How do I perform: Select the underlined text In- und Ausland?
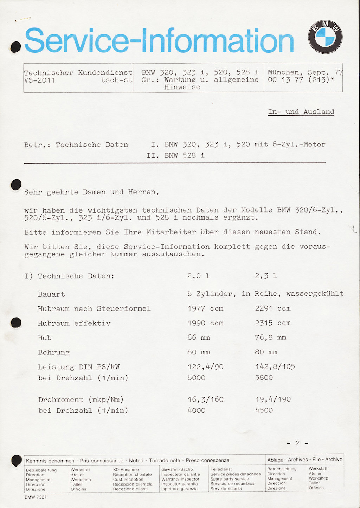[x=301, y=112]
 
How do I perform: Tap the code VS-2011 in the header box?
[x=39, y=80]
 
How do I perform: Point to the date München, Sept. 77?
[x=305, y=72]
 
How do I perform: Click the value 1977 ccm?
[x=205, y=308]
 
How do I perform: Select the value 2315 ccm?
[x=273, y=323]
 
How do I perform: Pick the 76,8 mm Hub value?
[x=270, y=338]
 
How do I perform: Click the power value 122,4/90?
[x=205, y=367]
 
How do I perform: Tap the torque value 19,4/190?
[x=273, y=399]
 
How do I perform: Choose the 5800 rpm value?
[x=264, y=378]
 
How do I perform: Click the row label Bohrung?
[x=54, y=352]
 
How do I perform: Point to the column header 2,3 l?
[x=266, y=276]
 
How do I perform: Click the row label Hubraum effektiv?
[x=74, y=323]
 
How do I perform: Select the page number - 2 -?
[x=297, y=443]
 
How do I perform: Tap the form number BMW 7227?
[x=36, y=497]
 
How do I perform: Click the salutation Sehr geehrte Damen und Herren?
[x=91, y=192]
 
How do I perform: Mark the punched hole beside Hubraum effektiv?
[x=16, y=322]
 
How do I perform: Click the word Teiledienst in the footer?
[x=221, y=469]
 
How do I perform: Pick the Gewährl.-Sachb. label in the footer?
[x=178, y=469]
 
